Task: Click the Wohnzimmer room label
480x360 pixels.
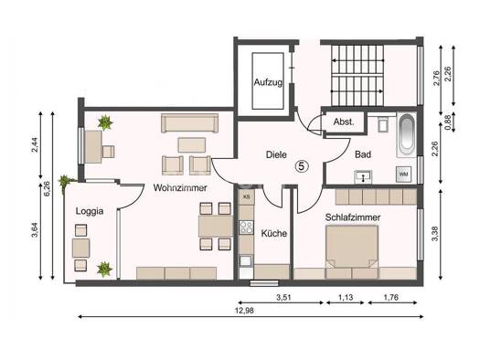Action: point(180,188)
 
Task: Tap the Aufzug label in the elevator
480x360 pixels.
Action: point(268,82)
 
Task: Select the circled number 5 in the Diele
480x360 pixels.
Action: point(302,166)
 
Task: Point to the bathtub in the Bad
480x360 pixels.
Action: point(407,135)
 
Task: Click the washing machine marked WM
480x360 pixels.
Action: point(403,174)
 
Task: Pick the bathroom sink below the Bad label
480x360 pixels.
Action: point(363,176)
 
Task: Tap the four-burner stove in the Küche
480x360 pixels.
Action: point(247,228)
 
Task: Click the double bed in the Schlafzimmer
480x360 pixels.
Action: point(352,251)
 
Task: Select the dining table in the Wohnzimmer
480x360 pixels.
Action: point(216,226)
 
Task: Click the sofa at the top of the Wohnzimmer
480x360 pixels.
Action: point(190,123)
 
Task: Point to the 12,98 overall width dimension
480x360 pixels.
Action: point(244,311)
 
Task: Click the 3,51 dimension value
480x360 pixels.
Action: point(283,297)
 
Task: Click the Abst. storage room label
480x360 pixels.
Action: point(344,122)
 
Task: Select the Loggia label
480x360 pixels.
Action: point(90,211)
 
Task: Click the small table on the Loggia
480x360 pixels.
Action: point(80,248)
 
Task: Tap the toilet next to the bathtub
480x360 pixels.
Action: point(383,124)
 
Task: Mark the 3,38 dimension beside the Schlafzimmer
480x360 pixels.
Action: point(434,233)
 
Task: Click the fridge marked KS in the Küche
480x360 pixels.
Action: point(247,196)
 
